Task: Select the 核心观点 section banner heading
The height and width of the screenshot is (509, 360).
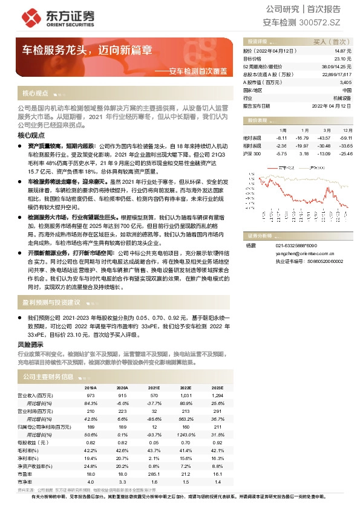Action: (35, 94)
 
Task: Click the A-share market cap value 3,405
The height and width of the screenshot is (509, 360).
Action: (345, 82)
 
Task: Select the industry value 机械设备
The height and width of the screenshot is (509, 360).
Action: (342, 97)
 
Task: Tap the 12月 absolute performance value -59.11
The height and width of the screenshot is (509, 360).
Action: (346, 138)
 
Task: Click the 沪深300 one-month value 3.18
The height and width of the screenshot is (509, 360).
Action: (303, 154)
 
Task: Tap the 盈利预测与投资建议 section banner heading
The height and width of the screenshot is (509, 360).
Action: (51, 302)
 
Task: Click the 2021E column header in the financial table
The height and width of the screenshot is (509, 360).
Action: (154, 387)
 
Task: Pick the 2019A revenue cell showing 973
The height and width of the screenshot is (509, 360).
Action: (91, 395)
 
